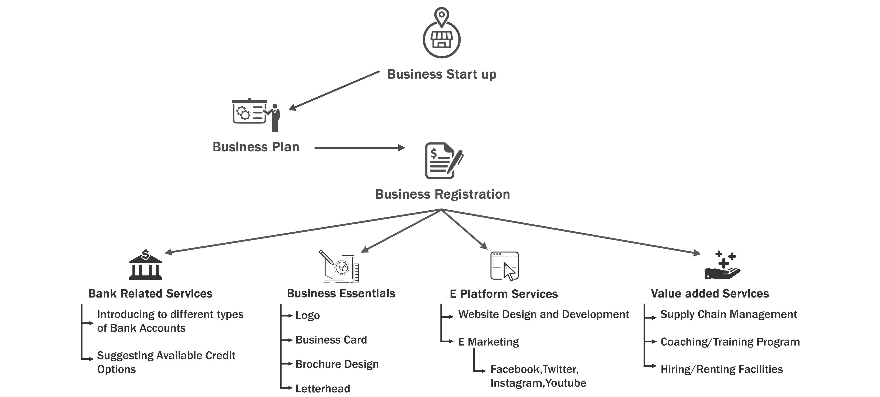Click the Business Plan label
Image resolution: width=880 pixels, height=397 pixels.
click(256, 147)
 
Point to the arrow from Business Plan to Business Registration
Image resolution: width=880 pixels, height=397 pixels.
click(360, 148)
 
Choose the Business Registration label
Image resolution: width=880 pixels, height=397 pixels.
click(443, 194)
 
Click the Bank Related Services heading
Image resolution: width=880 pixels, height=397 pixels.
click(150, 293)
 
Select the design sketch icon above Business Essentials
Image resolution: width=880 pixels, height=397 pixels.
click(339, 266)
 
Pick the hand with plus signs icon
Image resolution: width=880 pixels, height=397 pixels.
click(722, 265)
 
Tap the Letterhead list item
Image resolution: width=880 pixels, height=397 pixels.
click(323, 388)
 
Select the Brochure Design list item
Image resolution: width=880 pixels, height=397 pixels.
click(337, 364)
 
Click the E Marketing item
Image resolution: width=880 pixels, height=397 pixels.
click(488, 342)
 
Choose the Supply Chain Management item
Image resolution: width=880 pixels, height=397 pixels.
click(729, 314)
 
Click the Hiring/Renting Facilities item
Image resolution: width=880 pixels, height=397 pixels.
click(722, 369)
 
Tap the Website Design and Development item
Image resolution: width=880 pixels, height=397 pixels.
click(543, 314)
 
